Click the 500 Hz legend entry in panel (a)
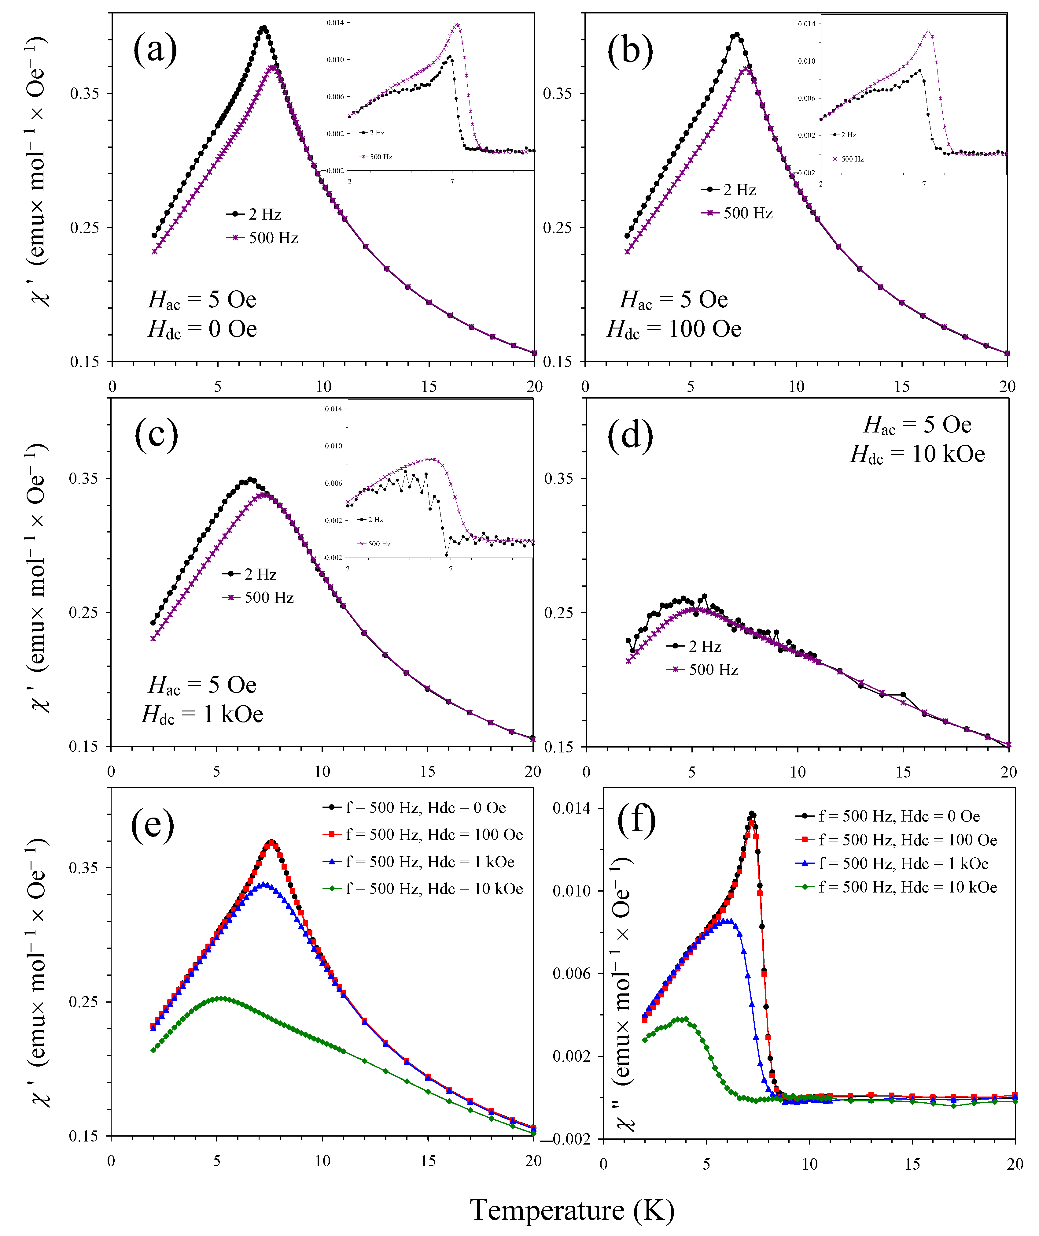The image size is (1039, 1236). pyautogui.click(x=262, y=238)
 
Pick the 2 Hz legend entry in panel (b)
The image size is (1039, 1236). pyautogui.click(x=728, y=190)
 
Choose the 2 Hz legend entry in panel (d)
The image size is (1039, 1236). pyautogui.click(x=694, y=647)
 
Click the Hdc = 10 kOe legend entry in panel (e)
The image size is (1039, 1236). pyautogui.click(x=423, y=889)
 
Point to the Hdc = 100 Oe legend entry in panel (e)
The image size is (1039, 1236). pyautogui.click(x=423, y=835)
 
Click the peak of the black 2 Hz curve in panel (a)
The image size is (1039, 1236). pyautogui.click(x=263, y=28)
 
